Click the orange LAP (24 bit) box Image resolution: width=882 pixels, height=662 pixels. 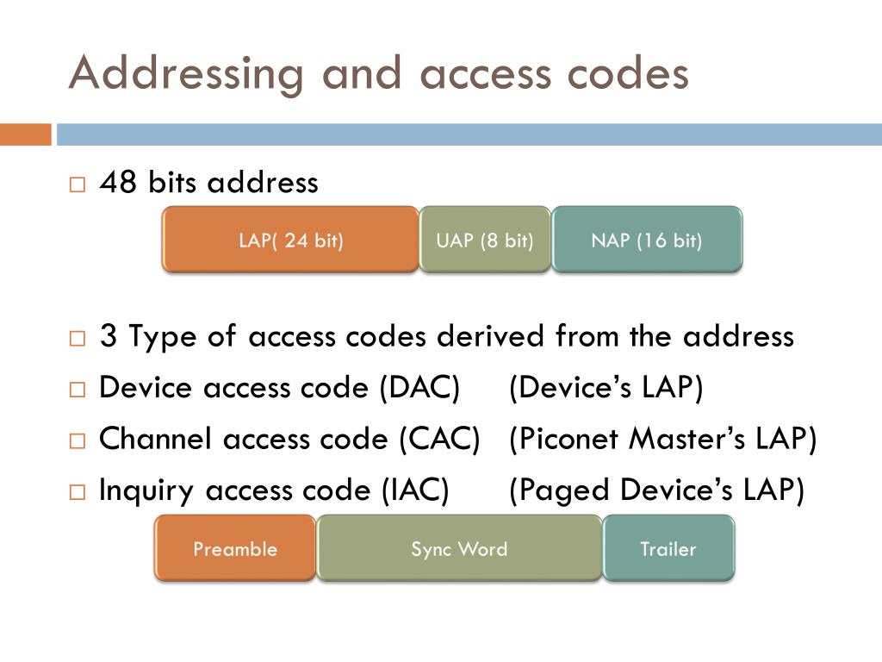point(290,240)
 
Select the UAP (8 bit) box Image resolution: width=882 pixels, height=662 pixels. point(485,240)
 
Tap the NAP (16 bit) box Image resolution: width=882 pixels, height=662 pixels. point(646,240)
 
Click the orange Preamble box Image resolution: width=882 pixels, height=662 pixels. point(235,548)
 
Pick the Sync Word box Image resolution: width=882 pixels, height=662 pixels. point(459,548)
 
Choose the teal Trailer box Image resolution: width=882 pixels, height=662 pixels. point(668,548)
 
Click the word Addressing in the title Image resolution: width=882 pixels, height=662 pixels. point(186,74)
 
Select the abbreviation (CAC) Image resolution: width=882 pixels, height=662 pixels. point(438,440)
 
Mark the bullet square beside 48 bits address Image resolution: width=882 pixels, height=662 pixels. point(78,184)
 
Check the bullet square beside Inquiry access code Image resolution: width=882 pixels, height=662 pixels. point(78,492)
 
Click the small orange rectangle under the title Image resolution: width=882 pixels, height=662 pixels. point(25,134)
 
